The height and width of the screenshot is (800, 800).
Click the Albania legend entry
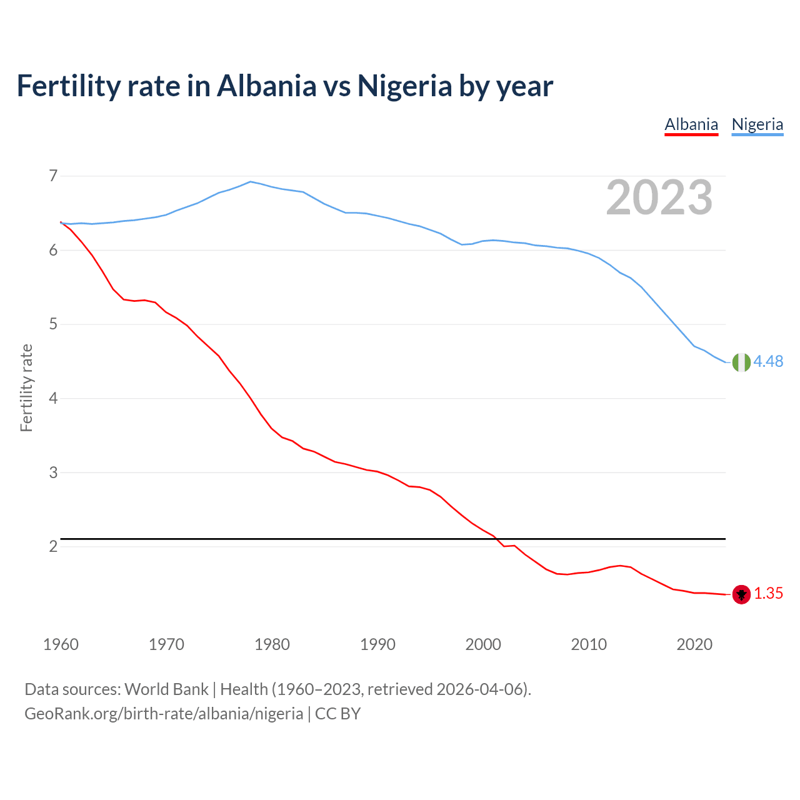691,124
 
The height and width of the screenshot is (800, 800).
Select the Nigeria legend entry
757,124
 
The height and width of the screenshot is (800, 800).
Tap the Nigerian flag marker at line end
741,362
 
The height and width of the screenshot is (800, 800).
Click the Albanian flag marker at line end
741,594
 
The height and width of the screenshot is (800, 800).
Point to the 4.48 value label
768,362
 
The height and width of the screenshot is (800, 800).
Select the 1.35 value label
768,594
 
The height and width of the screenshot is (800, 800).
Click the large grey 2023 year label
659,198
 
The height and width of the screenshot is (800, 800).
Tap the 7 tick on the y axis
53,176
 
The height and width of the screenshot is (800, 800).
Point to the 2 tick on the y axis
53,547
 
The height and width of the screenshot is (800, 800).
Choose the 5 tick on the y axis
53,324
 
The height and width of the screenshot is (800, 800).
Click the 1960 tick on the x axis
61,644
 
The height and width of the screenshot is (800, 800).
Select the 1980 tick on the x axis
272,644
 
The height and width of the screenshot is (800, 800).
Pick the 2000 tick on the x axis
483,644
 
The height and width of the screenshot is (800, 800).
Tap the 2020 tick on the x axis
694,644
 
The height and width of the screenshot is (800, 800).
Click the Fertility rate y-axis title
26,387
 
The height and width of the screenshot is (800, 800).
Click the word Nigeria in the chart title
404,86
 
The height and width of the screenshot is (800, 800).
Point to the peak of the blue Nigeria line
251,182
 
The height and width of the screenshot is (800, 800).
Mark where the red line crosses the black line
498,539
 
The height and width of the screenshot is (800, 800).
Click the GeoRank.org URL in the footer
164,714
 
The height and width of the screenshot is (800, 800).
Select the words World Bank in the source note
166,689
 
